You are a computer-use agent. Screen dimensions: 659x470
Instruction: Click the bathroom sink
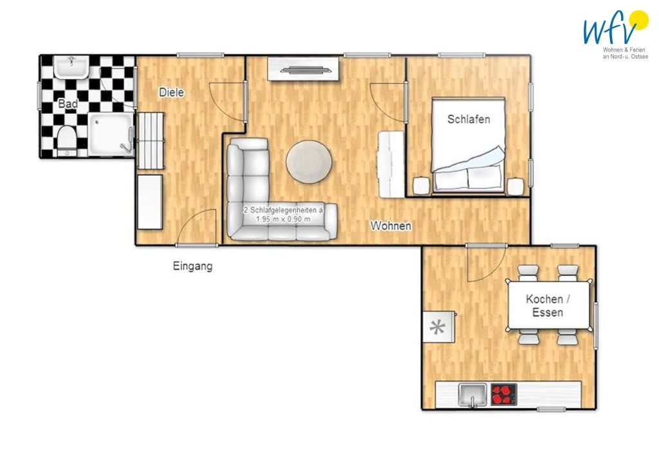(72, 68)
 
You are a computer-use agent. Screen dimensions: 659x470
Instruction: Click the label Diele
(171, 93)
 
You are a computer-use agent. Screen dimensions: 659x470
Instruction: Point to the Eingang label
(193, 266)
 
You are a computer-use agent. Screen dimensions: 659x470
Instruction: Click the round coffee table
(309, 162)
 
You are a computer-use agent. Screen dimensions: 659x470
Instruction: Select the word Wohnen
(391, 226)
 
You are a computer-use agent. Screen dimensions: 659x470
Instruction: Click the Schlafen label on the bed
(469, 119)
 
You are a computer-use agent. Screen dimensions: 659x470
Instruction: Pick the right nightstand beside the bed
(515, 186)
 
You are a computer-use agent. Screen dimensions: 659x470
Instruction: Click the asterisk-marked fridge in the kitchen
(439, 326)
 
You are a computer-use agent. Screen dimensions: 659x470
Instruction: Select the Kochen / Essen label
(548, 306)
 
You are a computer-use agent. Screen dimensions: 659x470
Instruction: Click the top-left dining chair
(528, 272)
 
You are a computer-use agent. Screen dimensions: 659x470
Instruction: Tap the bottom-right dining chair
(568, 337)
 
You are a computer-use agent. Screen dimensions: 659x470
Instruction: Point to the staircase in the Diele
(151, 141)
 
